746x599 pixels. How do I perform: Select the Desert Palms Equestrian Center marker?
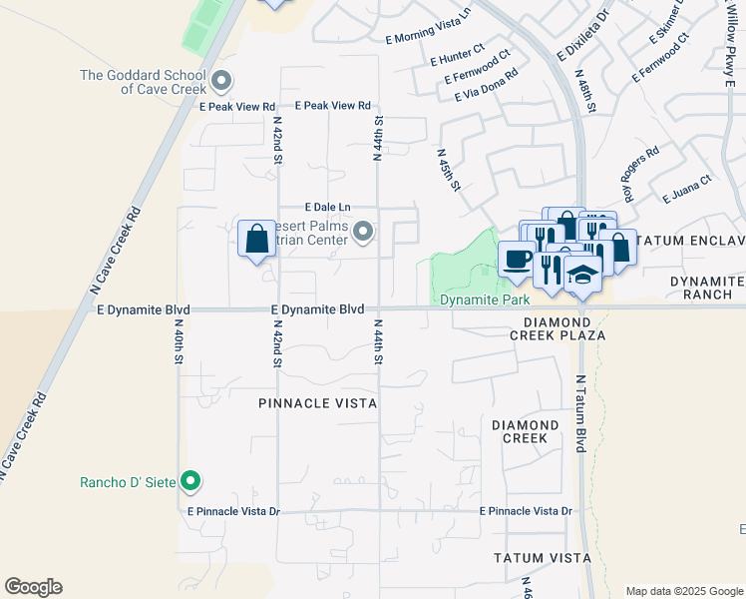364,233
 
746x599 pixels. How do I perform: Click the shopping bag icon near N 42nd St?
256,239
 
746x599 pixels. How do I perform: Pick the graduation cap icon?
582,273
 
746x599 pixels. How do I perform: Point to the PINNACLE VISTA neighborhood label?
317,403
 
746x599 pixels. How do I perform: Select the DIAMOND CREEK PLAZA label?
564,328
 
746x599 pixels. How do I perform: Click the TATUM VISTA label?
536,556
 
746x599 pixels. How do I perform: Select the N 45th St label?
449,170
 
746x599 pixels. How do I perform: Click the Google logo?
33,587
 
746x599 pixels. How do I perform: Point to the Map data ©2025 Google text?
683,591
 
